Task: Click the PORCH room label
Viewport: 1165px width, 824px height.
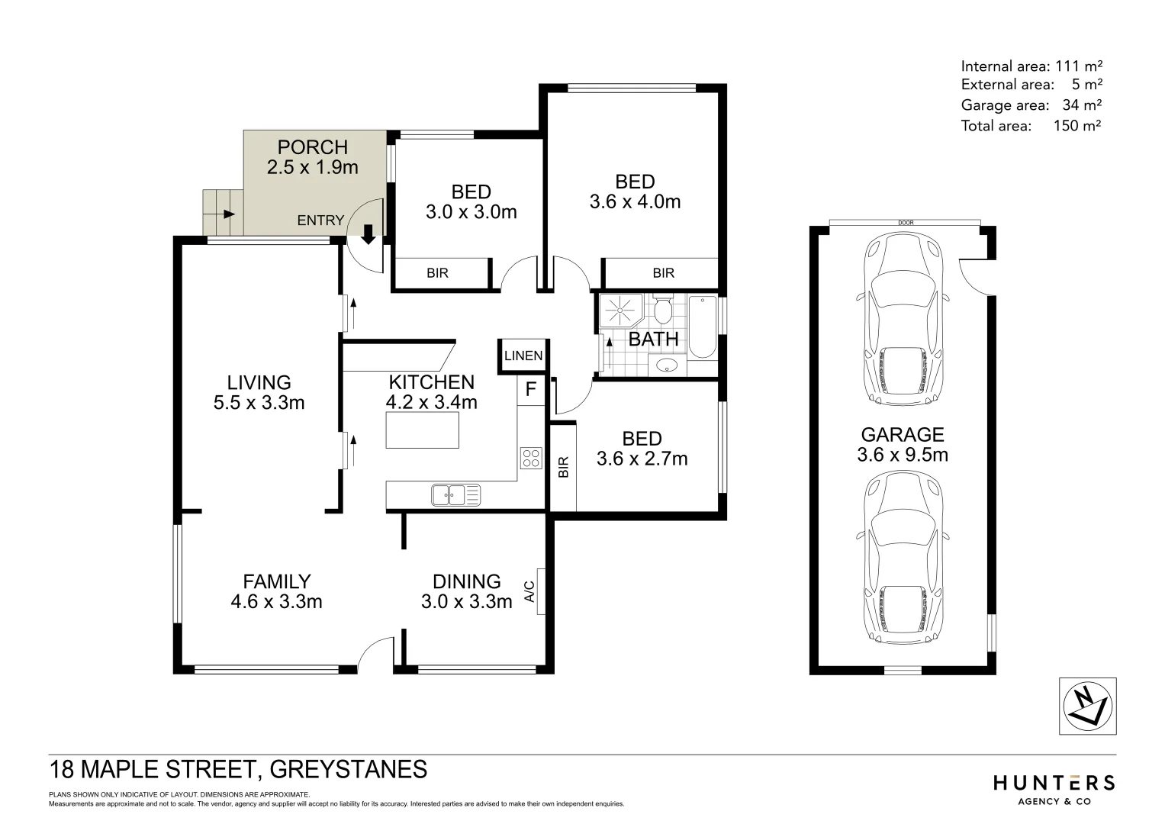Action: [313, 147]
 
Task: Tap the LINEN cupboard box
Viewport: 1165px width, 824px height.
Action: [523, 356]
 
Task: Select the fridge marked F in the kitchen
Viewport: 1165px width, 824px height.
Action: [531, 390]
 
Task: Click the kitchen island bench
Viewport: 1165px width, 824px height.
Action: [423, 430]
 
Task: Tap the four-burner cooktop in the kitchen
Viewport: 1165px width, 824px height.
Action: [531, 458]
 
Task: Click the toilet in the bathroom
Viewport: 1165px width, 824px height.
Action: [662, 311]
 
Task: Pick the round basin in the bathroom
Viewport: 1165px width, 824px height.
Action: [668, 365]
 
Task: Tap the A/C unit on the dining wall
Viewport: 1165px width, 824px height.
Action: [540, 591]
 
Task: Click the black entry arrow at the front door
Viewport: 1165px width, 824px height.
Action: [368, 234]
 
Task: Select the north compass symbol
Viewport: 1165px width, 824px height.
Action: [1087, 707]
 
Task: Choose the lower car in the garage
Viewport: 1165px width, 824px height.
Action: [902, 555]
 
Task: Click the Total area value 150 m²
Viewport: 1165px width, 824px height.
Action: [1077, 126]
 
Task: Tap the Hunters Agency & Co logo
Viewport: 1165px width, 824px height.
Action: [1054, 789]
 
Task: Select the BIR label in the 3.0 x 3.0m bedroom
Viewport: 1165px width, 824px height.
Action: [438, 273]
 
